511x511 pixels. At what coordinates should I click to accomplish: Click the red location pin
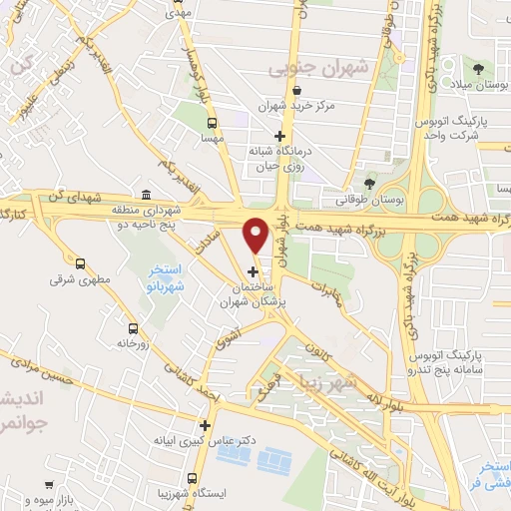(256, 234)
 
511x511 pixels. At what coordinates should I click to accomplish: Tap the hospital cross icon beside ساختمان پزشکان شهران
(253, 271)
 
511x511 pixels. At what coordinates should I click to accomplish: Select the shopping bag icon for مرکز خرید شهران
(297, 92)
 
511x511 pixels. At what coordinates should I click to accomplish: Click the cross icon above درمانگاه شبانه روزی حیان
(280, 136)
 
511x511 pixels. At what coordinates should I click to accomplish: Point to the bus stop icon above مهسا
(211, 124)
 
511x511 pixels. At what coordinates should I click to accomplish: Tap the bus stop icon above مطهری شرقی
(80, 263)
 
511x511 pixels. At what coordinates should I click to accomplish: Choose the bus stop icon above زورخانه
(133, 328)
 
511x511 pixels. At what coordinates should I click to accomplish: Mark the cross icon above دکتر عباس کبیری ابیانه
(205, 425)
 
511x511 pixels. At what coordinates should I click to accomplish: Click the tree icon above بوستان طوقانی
(369, 184)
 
